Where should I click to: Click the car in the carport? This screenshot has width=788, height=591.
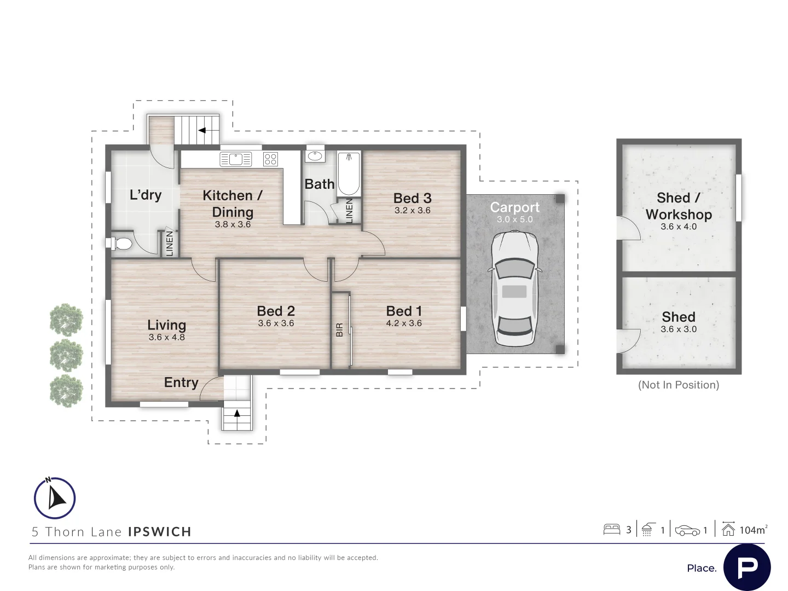[514, 289]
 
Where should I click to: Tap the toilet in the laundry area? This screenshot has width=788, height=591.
[119, 244]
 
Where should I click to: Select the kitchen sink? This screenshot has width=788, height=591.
[235, 159]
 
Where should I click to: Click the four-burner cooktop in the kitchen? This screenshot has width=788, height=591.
[270, 159]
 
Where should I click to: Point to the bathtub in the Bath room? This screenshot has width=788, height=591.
[349, 175]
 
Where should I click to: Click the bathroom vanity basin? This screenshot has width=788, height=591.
[315, 156]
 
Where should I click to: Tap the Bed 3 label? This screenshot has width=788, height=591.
[412, 198]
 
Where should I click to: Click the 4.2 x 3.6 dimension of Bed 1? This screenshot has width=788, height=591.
[404, 323]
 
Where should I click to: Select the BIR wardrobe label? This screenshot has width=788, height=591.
[340, 330]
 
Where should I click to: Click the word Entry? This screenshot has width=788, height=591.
[181, 383]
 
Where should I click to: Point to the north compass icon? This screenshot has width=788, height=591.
[55, 498]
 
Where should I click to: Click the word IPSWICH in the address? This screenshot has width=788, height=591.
[160, 531]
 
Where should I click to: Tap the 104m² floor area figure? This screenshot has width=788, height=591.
[753, 530]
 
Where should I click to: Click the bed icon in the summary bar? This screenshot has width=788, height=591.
[612, 530]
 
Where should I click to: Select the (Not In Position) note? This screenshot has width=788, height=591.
[679, 385]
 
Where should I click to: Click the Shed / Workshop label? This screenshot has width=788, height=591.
[679, 206]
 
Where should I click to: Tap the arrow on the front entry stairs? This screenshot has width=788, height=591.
[237, 413]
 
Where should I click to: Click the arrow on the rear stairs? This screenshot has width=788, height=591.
[202, 130]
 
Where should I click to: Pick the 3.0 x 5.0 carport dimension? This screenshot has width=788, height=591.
[515, 219]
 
